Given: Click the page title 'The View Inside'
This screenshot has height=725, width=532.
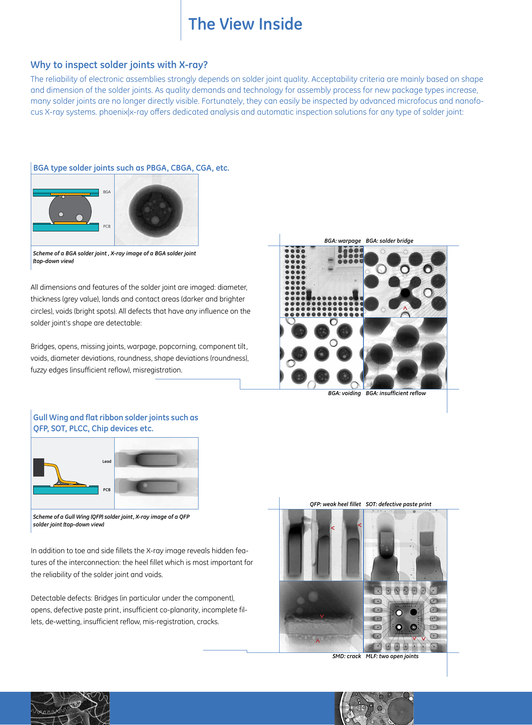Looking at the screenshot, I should click(x=245, y=24).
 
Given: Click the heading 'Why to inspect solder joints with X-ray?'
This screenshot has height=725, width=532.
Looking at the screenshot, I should click(x=119, y=65).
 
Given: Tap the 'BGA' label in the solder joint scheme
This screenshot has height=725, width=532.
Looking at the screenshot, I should click(x=107, y=192).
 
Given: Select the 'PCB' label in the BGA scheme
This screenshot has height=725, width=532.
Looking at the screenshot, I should click(x=107, y=227).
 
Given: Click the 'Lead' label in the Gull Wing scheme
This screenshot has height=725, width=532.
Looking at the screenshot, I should click(x=107, y=462).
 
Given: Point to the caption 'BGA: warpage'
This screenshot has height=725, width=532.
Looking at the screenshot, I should click(x=342, y=241).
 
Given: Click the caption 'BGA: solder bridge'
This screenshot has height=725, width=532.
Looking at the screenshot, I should click(x=389, y=241).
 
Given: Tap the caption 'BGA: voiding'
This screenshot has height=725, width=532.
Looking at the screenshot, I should click(x=344, y=393).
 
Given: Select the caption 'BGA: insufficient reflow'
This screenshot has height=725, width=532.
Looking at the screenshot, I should click(x=395, y=393).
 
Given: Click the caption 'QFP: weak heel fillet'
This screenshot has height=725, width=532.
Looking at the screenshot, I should click(x=335, y=504).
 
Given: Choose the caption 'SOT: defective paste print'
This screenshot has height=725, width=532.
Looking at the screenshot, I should click(x=398, y=504).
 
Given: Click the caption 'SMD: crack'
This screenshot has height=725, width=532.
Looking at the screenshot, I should click(x=346, y=656).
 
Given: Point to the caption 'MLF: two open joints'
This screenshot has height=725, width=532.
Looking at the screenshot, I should click(x=392, y=656).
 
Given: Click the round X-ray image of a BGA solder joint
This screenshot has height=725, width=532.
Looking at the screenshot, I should click(x=156, y=210).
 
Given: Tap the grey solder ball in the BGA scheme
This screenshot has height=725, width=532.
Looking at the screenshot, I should click(x=70, y=209).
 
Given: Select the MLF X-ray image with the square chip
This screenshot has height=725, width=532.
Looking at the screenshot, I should click(x=405, y=617).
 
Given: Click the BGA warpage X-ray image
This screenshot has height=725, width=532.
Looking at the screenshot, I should click(x=321, y=281).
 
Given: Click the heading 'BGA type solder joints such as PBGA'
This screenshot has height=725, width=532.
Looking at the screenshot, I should click(x=131, y=168).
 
